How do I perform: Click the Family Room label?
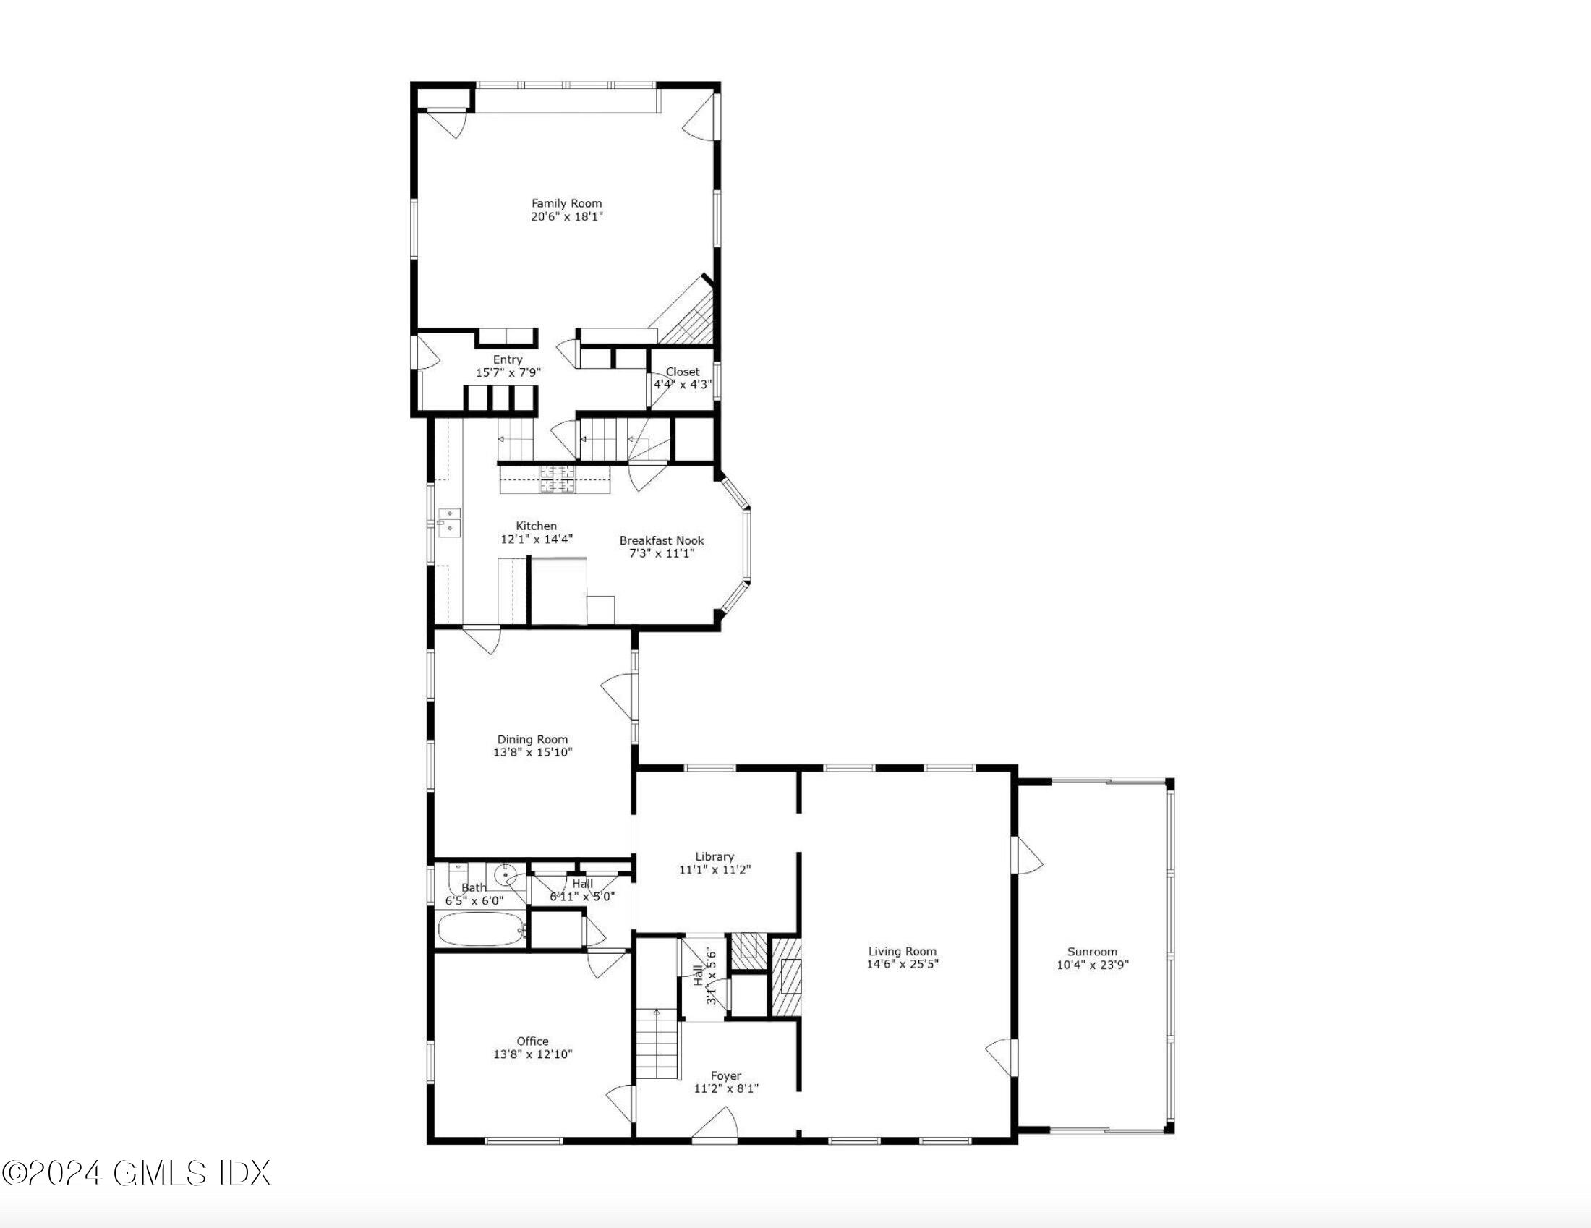tap(566, 204)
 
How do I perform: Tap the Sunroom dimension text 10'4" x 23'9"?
tap(1092, 965)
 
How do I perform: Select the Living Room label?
tap(902, 951)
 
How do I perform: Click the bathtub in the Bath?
tap(481, 929)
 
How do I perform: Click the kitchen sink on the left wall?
tap(450, 523)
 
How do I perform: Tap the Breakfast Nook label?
tap(662, 540)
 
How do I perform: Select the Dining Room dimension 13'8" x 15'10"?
tap(532, 752)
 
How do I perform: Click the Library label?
tap(714, 856)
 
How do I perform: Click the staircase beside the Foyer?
tap(657, 1044)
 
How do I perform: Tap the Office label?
tap(532, 1041)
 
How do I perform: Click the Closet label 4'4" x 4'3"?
tap(682, 378)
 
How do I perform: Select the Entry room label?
tap(508, 360)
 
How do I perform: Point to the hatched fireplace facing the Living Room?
tap(787, 977)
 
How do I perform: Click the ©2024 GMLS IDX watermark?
tap(136, 1173)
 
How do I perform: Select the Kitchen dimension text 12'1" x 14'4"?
tap(536, 540)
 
